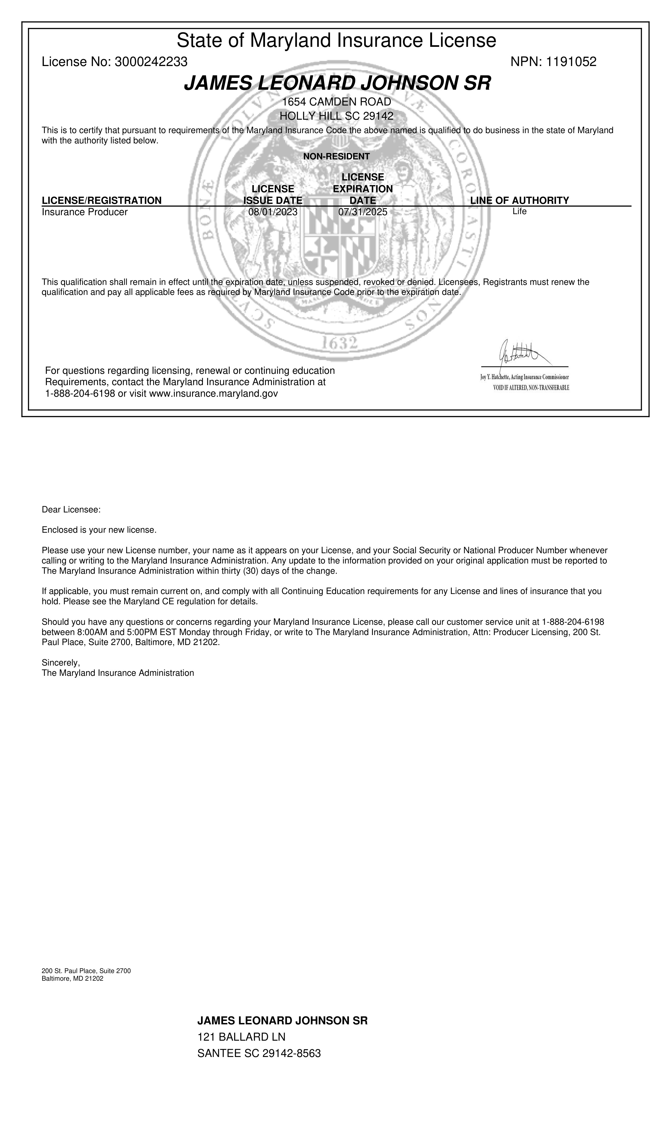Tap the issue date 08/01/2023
[273, 212]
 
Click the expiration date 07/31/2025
[363, 212]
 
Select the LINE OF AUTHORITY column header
[519, 200]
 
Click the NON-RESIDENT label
[336, 156]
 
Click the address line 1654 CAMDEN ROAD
[336, 102]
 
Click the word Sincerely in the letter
[61, 663]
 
